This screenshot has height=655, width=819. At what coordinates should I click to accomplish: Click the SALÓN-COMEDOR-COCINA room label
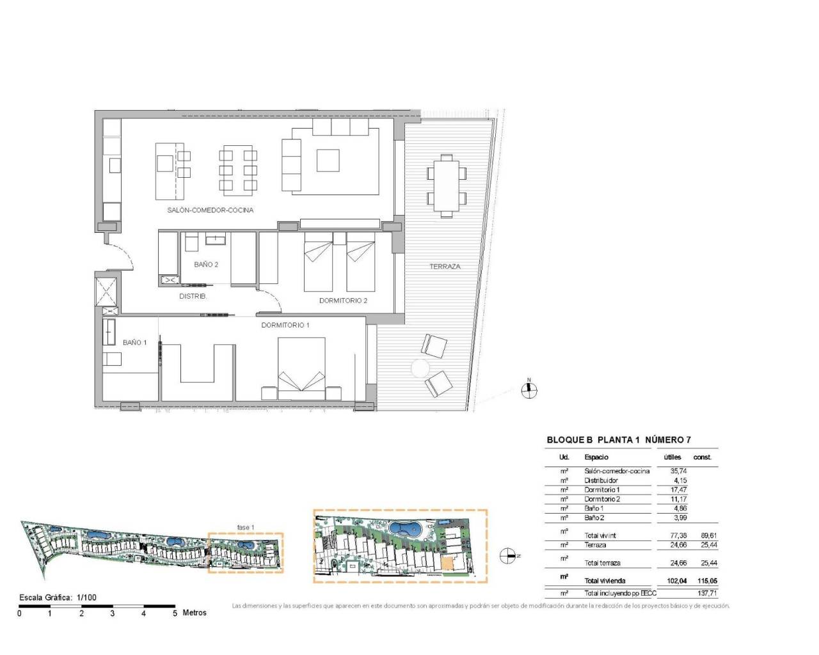tap(210, 210)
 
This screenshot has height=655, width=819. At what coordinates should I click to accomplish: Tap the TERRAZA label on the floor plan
tap(445, 266)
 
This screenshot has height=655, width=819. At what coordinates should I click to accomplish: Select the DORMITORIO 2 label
tap(343, 301)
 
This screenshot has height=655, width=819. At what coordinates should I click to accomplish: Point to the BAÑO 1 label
tap(134, 342)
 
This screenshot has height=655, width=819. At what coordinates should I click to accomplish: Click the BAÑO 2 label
tap(206, 264)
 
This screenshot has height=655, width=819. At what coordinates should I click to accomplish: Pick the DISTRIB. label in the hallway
tap(193, 296)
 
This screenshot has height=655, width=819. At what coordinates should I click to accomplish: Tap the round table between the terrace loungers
tap(420, 368)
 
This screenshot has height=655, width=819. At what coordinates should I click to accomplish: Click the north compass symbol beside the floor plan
tap(529, 390)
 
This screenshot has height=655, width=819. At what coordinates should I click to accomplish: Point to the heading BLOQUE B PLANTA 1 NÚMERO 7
tap(618, 440)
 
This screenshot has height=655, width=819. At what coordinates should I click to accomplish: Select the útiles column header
tap(672, 457)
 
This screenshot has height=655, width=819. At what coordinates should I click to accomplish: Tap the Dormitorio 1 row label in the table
tap(601, 489)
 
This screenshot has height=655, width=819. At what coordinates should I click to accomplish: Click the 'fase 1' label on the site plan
tap(245, 527)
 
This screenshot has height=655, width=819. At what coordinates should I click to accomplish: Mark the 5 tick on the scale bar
tap(175, 613)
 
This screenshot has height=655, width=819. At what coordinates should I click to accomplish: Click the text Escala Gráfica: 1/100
tap(58, 597)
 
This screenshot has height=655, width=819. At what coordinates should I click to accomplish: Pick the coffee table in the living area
tap(328, 160)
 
